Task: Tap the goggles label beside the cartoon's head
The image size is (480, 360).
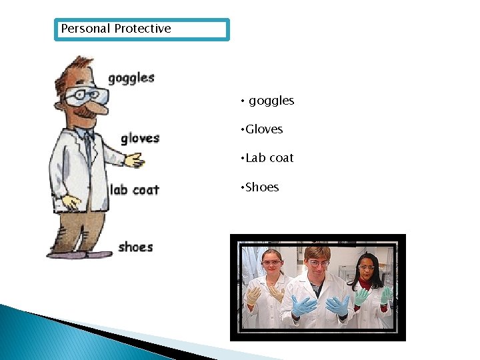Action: (x=131, y=78)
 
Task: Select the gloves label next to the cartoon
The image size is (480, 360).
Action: (x=139, y=139)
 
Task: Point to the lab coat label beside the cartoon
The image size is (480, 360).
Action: (x=135, y=190)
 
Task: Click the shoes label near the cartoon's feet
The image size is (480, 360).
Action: (x=135, y=247)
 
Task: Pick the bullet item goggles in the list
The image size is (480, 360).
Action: (x=271, y=101)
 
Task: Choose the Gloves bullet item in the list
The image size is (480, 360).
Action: (x=264, y=129)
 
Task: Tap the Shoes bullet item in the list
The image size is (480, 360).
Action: (x=262, y=187)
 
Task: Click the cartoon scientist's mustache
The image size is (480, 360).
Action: (x=85, y=113)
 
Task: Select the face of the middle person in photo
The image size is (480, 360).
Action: (x=318, y=261)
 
